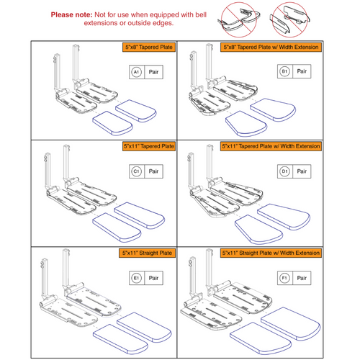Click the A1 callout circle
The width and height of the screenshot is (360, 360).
click(x=135, y=73)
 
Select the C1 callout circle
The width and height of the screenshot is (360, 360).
click(x=135, y=171)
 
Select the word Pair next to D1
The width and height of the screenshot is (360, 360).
click(x=303, y=171)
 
